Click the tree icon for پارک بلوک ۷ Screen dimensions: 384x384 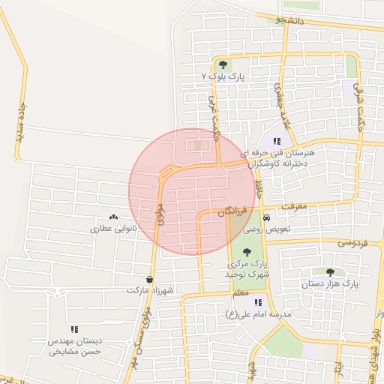click(223, 64)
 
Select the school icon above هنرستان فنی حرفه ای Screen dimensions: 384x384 click(277, 140)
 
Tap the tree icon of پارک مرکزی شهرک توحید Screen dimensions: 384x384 click(247, 252)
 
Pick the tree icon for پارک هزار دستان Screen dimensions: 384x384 click(331, 272)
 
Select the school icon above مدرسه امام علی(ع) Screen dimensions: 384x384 click(259, 302)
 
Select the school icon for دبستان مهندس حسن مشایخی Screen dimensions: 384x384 click(73, 328)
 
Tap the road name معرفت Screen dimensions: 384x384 click(295, 205)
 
